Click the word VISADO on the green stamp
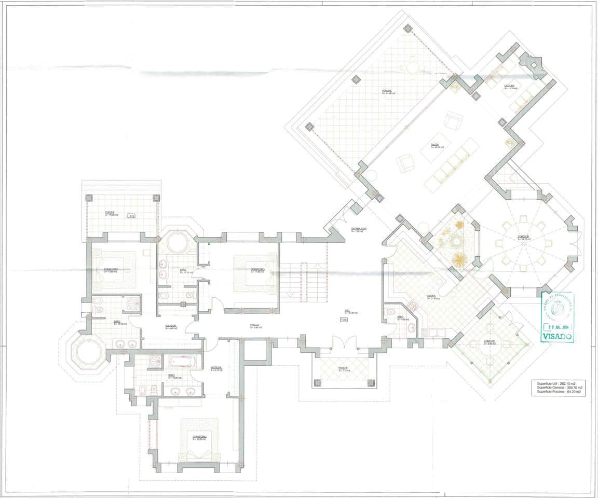point(558,336)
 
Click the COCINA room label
point(432,297)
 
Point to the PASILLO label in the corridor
point(254,326)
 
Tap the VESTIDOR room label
point(216,369)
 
